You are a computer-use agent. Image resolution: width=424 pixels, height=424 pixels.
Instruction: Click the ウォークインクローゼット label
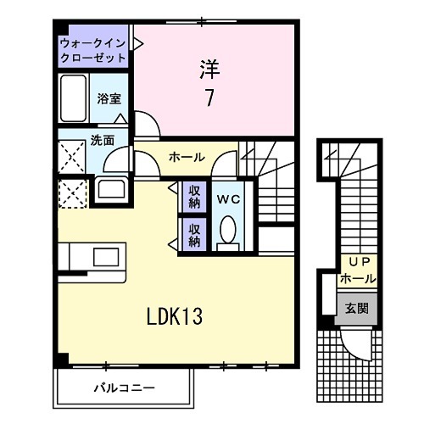pyautogui.click(x=93, y=51)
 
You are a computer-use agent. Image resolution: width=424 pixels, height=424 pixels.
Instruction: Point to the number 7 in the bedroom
pyautogui.click(x=208, y=98)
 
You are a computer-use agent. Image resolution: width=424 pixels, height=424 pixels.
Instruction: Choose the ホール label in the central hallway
pyautogui.click(x=186, y=158)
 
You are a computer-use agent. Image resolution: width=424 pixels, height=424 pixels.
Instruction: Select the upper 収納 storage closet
pyautogui.click(x=194, y=196)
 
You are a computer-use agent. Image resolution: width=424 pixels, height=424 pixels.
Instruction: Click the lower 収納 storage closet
pyautogui.click(x=194, y=233)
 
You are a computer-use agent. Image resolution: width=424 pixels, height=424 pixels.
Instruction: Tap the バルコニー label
pyautogui.click(x=124, y=388)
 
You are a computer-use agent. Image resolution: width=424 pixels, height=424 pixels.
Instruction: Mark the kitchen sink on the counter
pyautogui.click(x=107, y=257)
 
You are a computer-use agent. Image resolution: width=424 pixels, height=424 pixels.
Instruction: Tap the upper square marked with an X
pyautogui.click(x=72, y=156)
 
